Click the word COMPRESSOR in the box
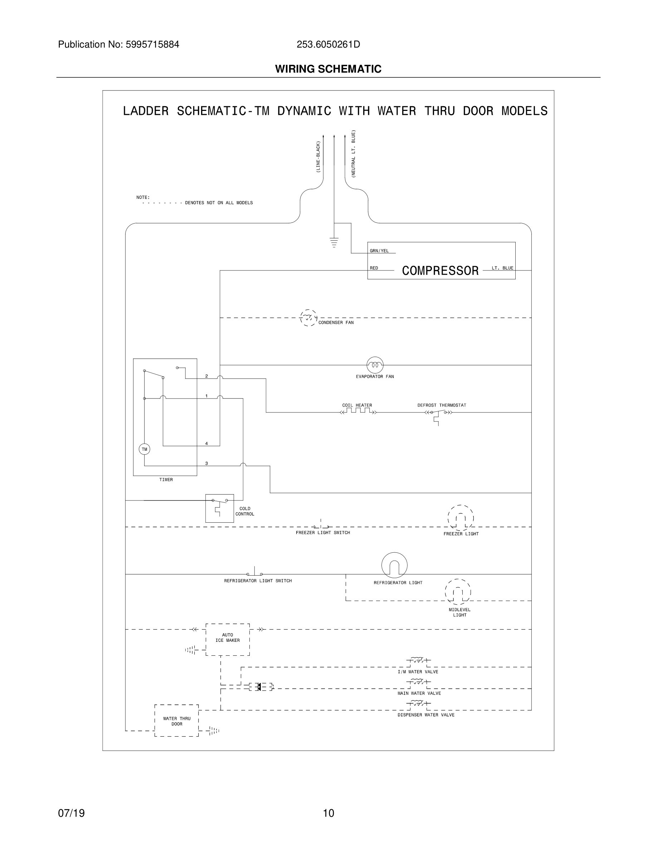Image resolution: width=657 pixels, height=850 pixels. click(x=440, y=270)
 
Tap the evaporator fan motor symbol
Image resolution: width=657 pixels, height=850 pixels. click(x=375, y=365)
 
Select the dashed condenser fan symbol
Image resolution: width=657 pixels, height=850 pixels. click(x=308, y=318)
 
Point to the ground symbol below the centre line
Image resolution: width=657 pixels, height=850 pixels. click(x=334, y=243)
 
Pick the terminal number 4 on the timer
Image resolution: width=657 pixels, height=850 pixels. click(x=206, y=444)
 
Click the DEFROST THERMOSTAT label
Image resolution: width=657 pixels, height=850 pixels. click(x=442, y=405)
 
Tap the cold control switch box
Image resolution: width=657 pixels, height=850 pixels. click(x=219, y=508)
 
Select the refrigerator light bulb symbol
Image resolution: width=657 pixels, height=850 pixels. click(x=394, y=565)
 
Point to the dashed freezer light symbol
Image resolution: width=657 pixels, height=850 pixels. click(x=461, y=518)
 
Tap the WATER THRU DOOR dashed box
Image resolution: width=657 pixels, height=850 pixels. click(x=177, y=721)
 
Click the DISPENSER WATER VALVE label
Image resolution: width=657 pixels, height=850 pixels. click(x=426, y=715)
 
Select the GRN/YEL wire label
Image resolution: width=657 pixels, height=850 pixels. click(x=379, y=251)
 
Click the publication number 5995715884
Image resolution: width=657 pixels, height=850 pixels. click(x=152, y=45)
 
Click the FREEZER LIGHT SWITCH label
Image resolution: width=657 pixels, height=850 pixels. click(x=323, y=533)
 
